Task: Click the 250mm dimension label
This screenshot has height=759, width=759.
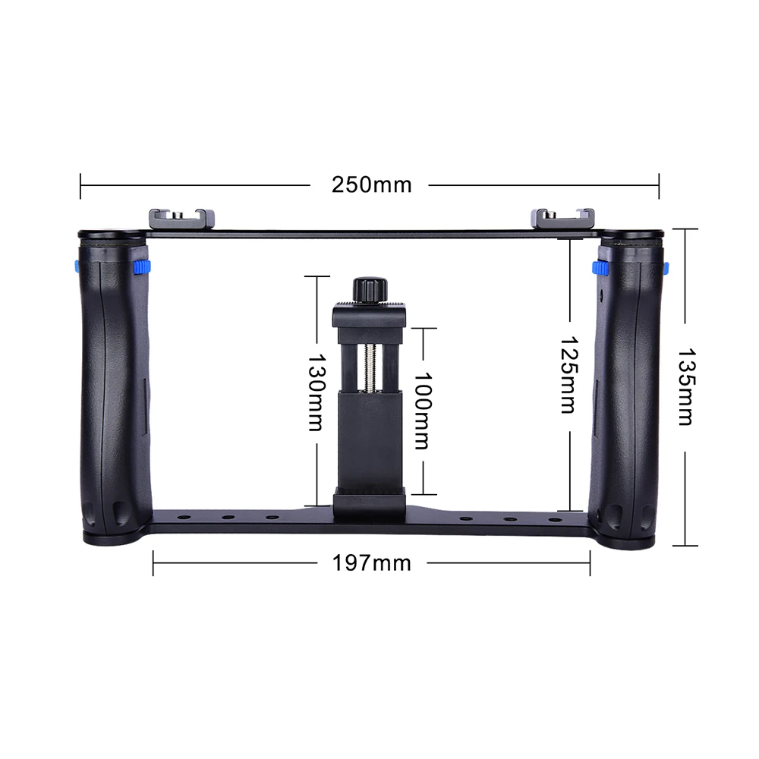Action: click(371, 184)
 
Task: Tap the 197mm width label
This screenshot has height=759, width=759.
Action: click(371, 562)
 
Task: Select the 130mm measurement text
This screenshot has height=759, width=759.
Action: click(316, 392)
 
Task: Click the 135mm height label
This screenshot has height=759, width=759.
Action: click(685, 387)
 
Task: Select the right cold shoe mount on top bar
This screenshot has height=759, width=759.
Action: click(563, 219)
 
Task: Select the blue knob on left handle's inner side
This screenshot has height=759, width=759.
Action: click(141, 267)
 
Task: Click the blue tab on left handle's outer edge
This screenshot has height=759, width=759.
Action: click(77, 267)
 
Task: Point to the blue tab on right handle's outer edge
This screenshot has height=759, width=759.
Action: click(666, 268)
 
